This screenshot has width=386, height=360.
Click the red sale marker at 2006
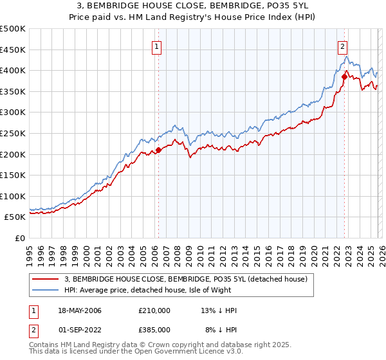tap(158, 150)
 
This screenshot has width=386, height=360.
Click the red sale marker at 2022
tap(344, 77)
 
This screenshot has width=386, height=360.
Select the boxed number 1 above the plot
tap(157, 46)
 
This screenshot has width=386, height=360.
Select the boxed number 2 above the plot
tap(343, 46)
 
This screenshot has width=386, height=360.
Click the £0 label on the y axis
tap(19, 238)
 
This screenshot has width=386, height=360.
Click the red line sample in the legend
tap(46, 279)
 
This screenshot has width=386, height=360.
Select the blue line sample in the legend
tap(46, 291)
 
